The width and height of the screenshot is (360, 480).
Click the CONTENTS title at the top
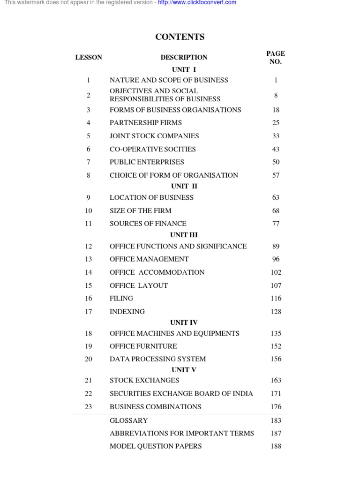coord(180,37)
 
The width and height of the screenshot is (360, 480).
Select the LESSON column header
coord(89,58)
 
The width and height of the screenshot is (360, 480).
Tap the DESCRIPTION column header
coord(184,58)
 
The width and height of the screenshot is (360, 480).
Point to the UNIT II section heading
coord(184,186)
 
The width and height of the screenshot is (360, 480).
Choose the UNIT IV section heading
coord(184,322)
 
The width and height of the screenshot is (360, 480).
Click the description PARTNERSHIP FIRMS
coord(146,123)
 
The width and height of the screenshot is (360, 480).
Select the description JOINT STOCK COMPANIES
coord(154,136)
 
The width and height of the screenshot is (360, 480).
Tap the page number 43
coord(276,149)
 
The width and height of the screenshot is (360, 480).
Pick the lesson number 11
coord(89,224)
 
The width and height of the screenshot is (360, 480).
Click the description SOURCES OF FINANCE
coord(148,224)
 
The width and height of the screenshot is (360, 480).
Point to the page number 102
coord(276,272)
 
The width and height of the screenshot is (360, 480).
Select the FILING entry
coord(121,298)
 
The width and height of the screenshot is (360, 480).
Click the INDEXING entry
coord(127,312)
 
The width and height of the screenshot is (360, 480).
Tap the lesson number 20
coord(89,359)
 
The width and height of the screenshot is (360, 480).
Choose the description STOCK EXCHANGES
coord(144,381)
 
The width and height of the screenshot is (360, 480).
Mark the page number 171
coord(276,394)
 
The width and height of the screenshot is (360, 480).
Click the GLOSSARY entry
coord(128,421)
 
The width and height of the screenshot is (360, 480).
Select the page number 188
coord(276,446)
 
